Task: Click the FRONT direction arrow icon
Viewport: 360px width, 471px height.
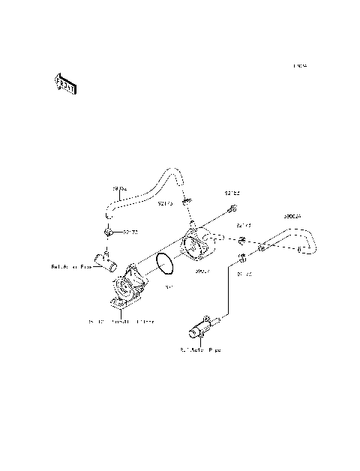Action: tap(65, 83)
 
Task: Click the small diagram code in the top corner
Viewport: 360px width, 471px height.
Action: tap(301, 66)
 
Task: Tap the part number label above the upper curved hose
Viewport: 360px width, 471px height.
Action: tap(120, 188)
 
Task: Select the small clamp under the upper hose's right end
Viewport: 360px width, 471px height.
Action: tap(187, 200)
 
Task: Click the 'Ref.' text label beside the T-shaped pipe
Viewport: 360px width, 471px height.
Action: tap(70, 266)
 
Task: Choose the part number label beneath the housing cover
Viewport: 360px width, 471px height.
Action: tap(202, 271)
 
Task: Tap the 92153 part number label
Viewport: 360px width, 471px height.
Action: tap(232, 193)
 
